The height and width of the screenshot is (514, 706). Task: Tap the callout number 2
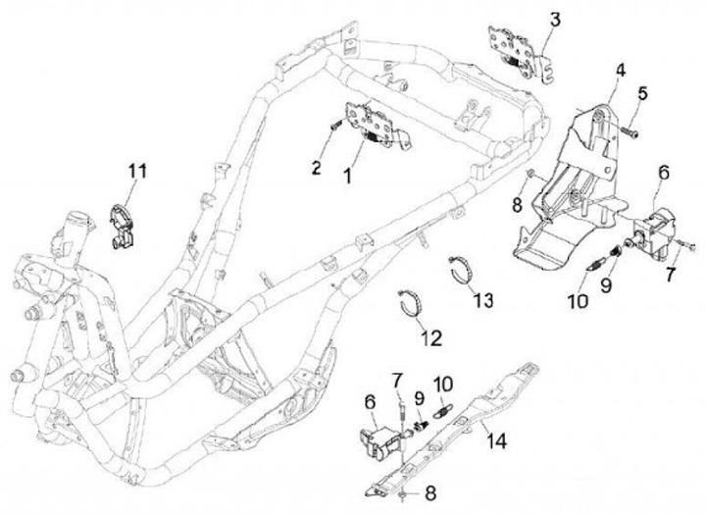click(316, 168)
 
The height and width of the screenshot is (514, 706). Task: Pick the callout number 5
click(643, 93)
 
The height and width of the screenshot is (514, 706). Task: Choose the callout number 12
click(431, 338)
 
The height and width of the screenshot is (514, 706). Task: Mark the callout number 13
click(482, 298)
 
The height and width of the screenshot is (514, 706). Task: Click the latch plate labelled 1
click(368, 125)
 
